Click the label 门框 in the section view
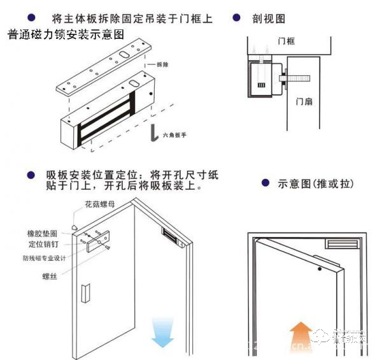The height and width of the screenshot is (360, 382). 286,41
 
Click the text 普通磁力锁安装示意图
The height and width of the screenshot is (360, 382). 66,34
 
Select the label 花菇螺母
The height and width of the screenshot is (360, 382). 101,206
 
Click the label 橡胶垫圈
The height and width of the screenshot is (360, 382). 45,234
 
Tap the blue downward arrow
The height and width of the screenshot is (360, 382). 163,335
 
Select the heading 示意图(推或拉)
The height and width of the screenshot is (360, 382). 316,184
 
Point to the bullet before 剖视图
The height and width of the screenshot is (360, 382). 236,18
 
